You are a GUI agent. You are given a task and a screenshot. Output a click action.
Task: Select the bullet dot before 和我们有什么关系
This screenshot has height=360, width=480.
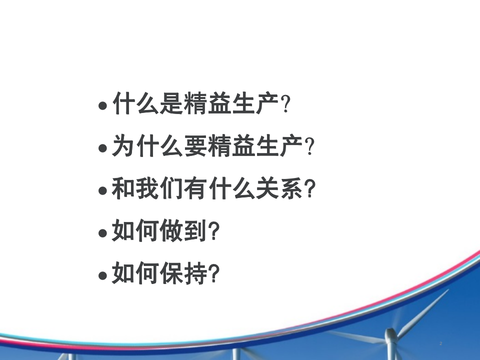(x=102, y=191)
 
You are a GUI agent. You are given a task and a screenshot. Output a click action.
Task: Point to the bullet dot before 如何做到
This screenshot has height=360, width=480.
(x=102, y=233)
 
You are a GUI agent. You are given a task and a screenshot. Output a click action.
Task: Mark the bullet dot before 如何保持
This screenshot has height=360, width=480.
(x=102, y=275)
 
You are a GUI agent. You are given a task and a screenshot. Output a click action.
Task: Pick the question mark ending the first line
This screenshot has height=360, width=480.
(x=286, y=105)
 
